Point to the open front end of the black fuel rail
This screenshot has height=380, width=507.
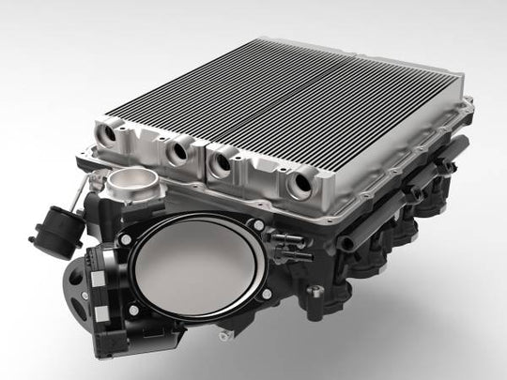coord(348,245)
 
